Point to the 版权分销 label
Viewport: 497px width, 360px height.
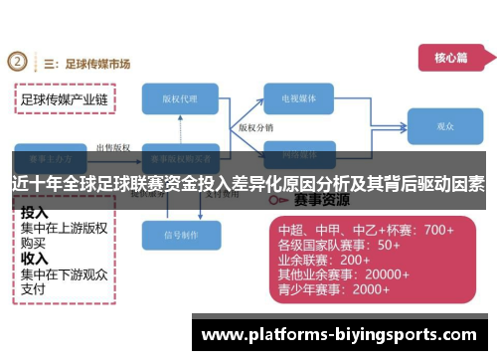256,127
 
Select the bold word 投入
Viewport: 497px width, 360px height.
35,212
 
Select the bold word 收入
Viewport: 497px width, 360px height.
35,257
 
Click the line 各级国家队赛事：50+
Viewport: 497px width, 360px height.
339,245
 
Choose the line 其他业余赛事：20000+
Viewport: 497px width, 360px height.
344,274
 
